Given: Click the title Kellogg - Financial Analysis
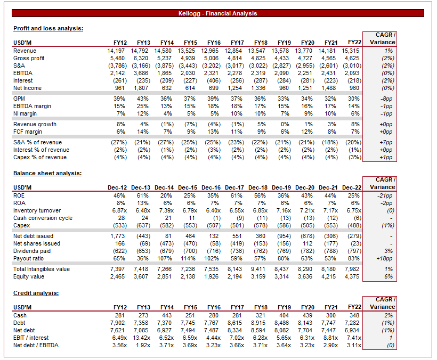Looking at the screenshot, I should (x=217, y=13).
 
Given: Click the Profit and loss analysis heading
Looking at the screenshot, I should (x=48, y=28).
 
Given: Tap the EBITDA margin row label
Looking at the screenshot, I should (x=32, y=106).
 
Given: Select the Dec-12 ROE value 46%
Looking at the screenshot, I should (x=118, y=195).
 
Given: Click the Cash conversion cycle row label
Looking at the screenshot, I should (x=43, y=218).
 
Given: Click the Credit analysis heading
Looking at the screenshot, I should (x=36, y=293).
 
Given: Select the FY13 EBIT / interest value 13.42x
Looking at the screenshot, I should (x=139, y=338).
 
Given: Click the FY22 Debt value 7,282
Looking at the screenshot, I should (x=353, y=323).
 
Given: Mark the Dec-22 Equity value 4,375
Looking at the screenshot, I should (x=353, y=276).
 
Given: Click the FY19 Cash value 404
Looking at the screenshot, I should (x=284, y=315).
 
